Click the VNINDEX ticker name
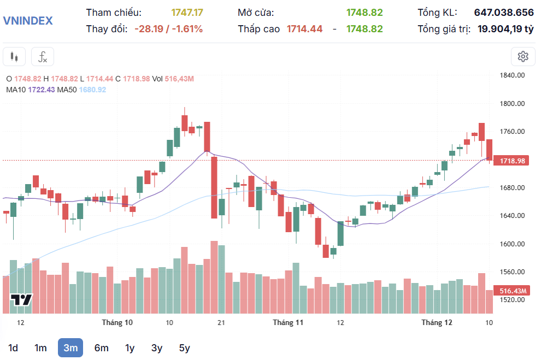(x=28, y=21)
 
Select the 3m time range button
(x=70, y=348)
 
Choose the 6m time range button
(x=101, y=348)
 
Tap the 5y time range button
(x=184, y=348)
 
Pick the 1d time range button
(x=13, y=348)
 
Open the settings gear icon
(x=523, y=56)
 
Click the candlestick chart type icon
(x=14, y=56)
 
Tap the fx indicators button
(x=42, y=56)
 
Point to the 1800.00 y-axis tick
(x=513, y=104)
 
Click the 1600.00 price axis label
(x=513, y=244)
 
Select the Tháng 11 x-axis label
(x=288, y=323)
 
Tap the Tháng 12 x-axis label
(x=437, y=323)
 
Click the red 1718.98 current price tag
(x=512, y=161)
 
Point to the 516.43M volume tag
(x=512, y=292)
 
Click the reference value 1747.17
(x=187, y=13)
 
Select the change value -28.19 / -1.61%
(x=168, y=29)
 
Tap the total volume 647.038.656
(x=504, y=13)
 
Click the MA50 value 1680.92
(x=92, y=90)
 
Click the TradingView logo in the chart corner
(x=22, y=300)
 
